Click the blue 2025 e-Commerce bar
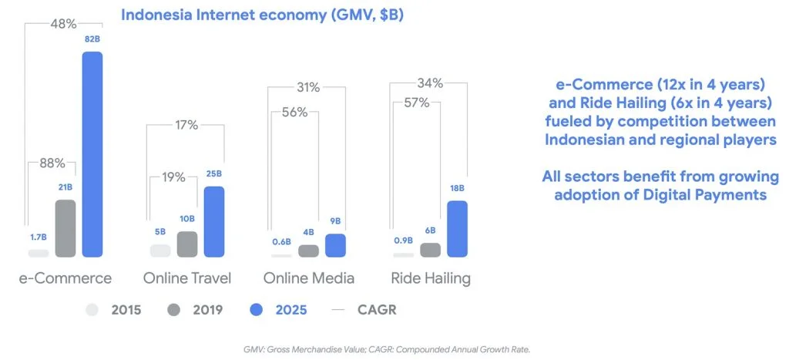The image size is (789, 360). (92, 154)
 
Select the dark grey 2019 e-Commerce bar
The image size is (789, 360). (65, 228)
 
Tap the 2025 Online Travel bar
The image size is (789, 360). (213, 221)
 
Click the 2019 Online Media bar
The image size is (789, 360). (308, 251)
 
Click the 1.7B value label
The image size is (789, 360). (38, 237)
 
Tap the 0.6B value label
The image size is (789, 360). (280, 242)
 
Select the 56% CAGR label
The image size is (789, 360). (294, 113)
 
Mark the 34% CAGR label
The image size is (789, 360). (429, 82)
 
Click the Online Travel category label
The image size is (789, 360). (187, 278)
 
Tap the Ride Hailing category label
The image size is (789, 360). (429, 278)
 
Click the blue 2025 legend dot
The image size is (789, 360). (257, 310)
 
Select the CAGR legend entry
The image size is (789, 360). (366, 310)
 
